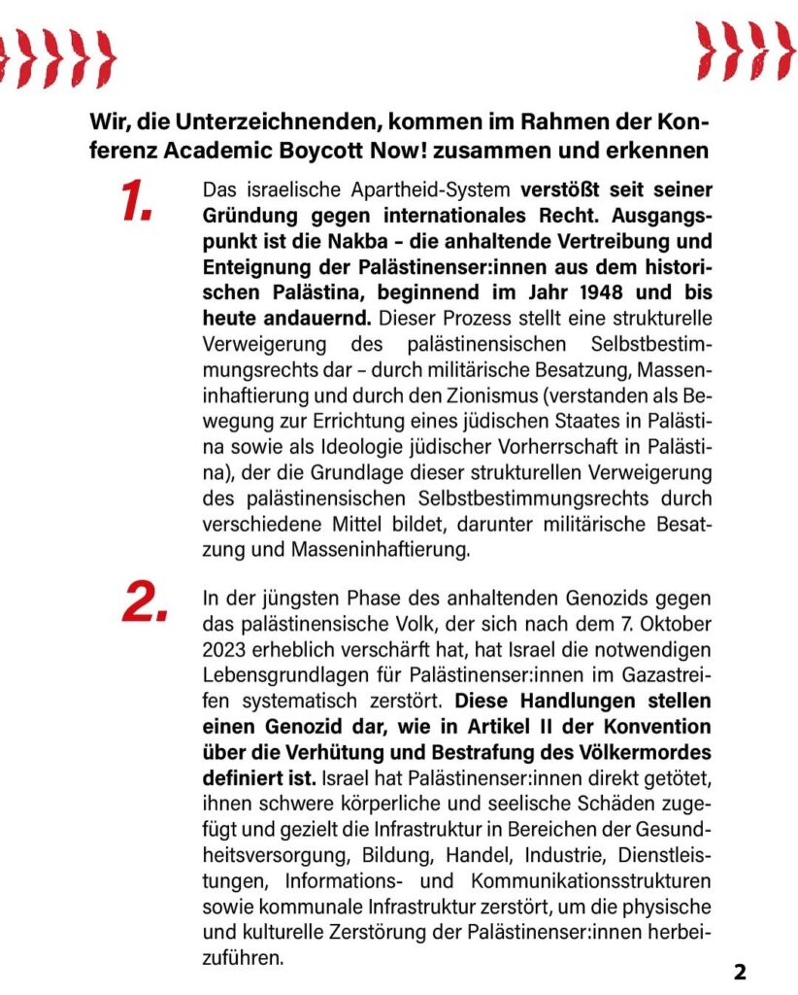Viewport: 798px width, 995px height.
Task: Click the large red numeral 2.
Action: (145, 602)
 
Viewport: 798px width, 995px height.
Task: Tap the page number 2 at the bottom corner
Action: (740, 972)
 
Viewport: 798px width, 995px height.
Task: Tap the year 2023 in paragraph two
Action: (224, 647)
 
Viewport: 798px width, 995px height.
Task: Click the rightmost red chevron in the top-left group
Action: (102, 57)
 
